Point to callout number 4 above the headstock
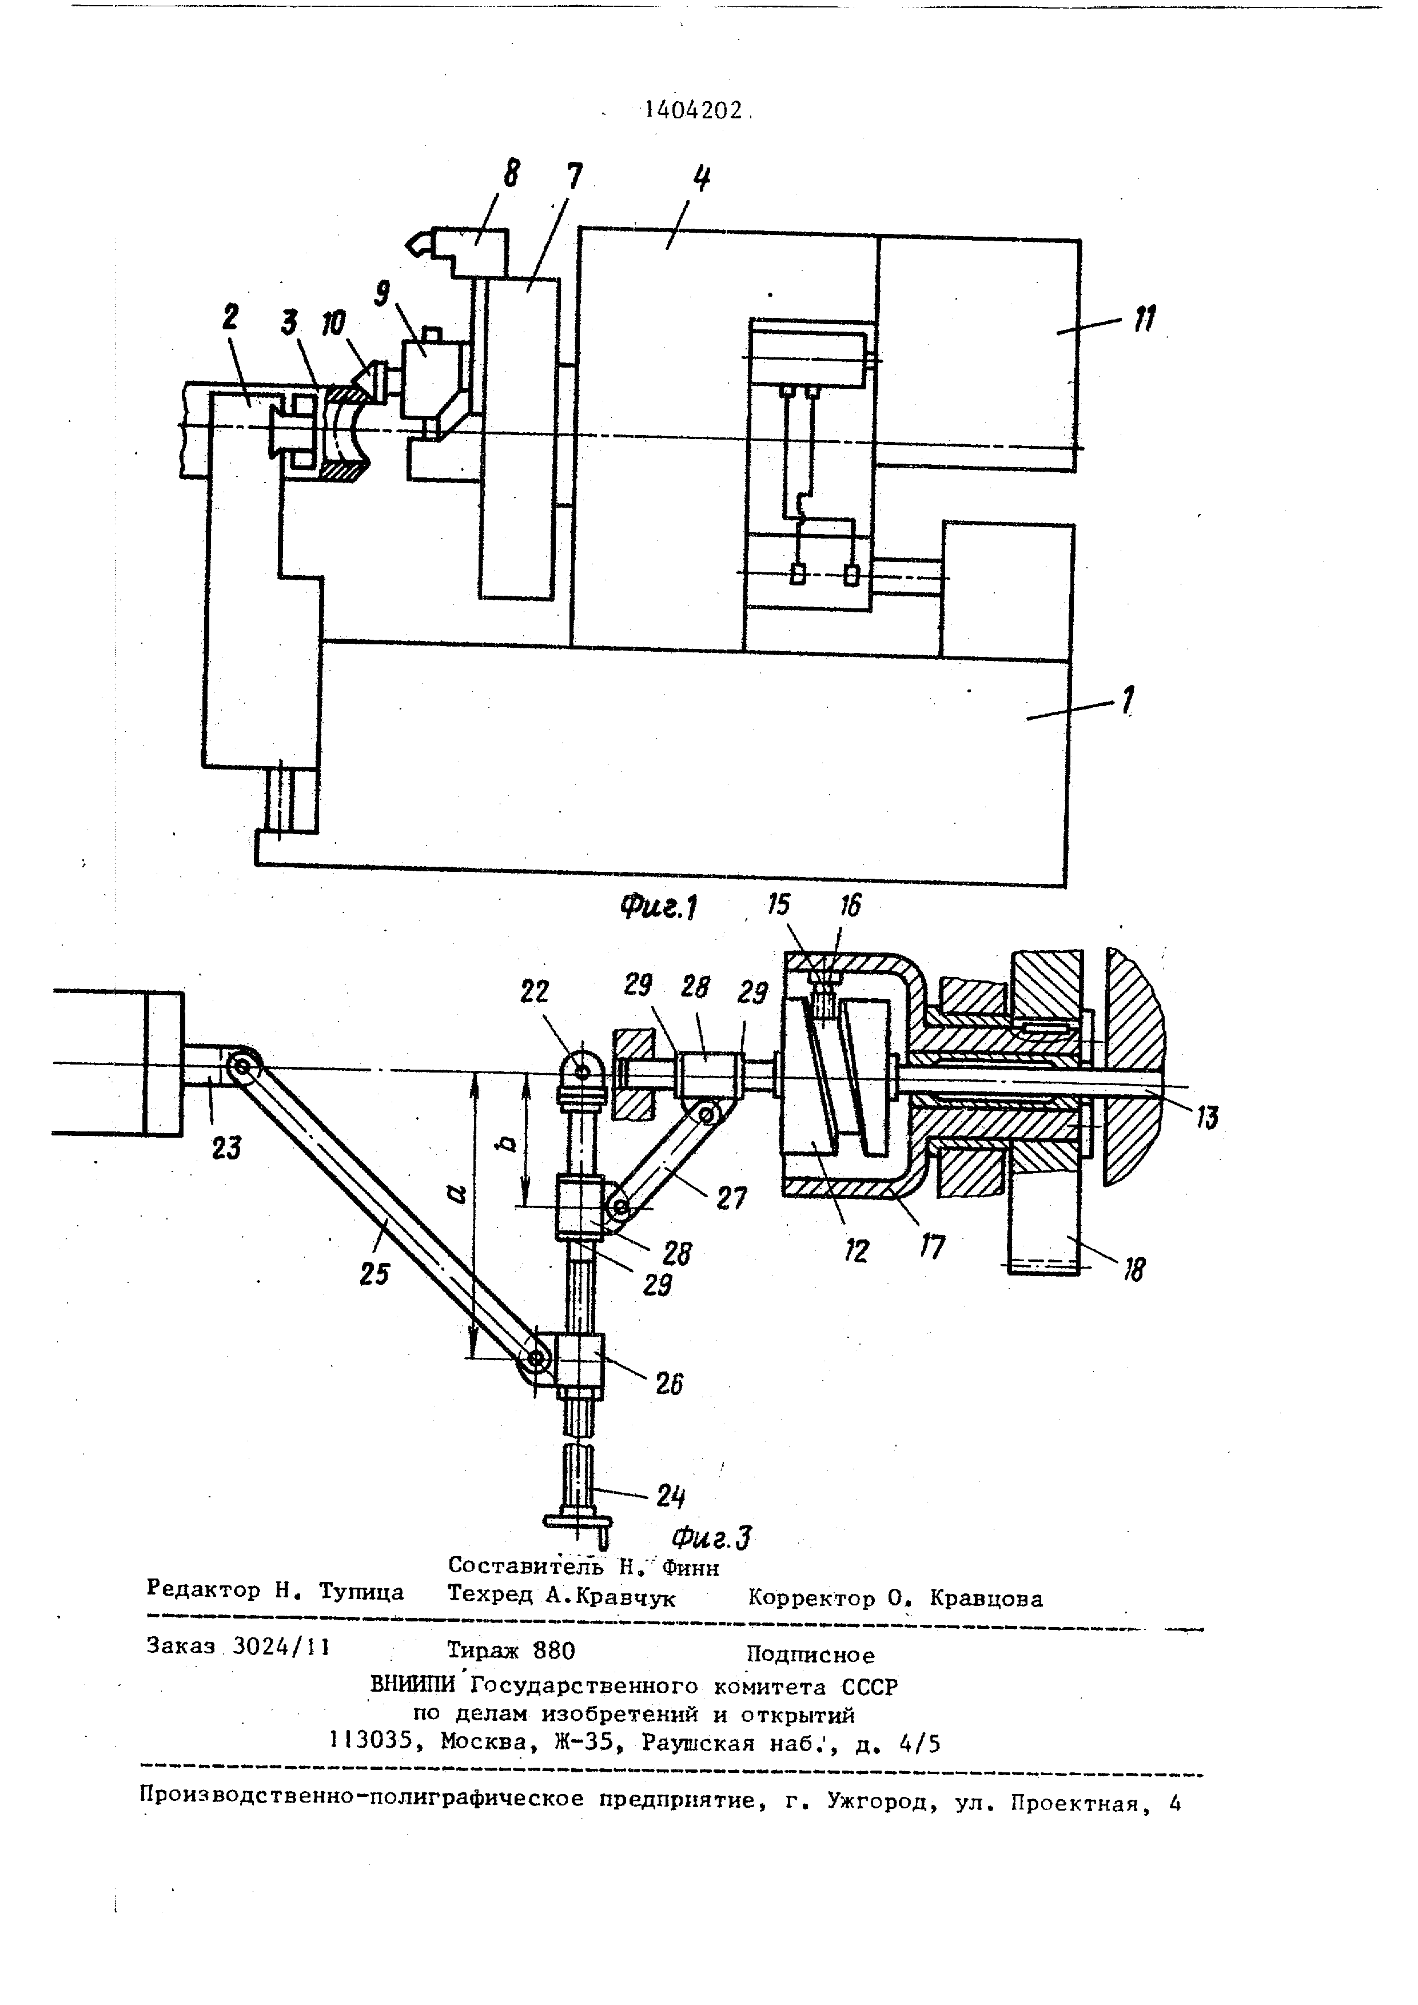[700, 180]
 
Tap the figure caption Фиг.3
[714, 1536]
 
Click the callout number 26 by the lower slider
[669, 1383]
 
